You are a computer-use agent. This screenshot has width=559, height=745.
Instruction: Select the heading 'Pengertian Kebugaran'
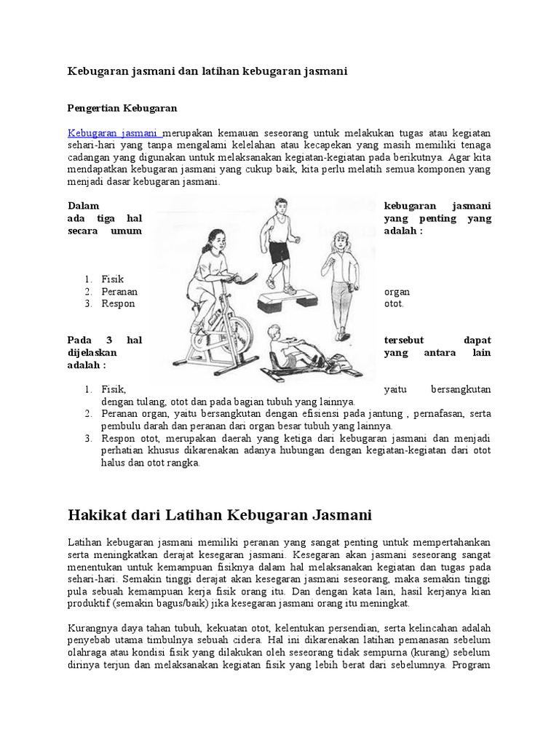(122, 108)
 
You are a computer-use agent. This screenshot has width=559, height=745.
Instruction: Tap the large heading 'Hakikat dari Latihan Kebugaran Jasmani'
(220, 516)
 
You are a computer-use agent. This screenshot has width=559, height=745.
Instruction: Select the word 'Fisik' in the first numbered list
(113, 279)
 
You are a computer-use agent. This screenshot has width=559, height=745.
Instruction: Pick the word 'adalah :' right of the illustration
(403, 231)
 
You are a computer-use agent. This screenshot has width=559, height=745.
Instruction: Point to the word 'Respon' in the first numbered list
(118, 303)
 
